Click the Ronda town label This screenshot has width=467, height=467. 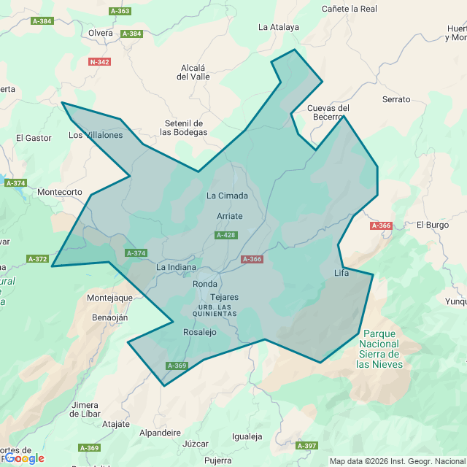pyautogui.click(x=205, y=284)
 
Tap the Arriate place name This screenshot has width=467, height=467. pyautogui.click(x=230, y=216)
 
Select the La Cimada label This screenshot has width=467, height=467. pyautogui.click(x=228, y=196)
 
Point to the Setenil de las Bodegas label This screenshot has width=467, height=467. pyautogui.click(x=184, y=128)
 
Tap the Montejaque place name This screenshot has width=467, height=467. pyautogui.click(x=109, y=298)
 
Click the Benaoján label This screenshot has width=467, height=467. pyautogui.click(x=110, y=317)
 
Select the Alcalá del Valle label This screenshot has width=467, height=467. pyautogui.click(x=193, y=72)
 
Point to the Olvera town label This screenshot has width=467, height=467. pyautogui.click(x=101, y=33)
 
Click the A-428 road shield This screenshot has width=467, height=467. pyautogui.click(x=225, y=235)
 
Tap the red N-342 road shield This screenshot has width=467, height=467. pyautogui.click(x=99, y=62)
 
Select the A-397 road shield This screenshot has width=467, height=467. pyautogui.click(x=307, y=445)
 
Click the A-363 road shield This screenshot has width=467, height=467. pyautogui.click(x=120, y=11)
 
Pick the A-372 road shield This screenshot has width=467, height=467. pyautogui.click(x=37, y=259)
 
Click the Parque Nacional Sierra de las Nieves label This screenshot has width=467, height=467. pyautogui.click(x=379, y=348)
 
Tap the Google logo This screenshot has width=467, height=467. pyautogui.click(x=23, y=458)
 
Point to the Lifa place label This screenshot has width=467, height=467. pyautogui.click(x=341, y=273)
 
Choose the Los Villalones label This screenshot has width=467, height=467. pyautogui.click(x=96, y=135)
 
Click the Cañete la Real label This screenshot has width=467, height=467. pyautogui.click(x=350, y=9)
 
